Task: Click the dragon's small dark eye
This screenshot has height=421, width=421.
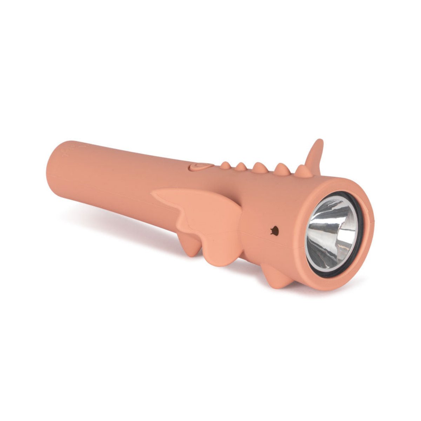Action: point(275,230)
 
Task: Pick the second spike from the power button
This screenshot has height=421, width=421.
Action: point(241,167)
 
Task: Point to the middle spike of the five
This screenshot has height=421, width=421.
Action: point(259,168)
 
